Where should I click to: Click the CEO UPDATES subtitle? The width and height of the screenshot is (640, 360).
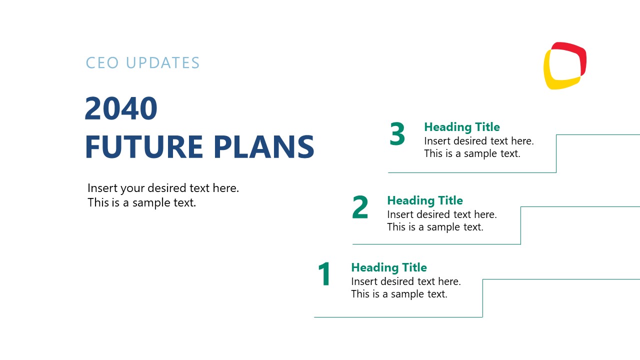(142, 63)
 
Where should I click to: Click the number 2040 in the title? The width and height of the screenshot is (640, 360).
(121, 108)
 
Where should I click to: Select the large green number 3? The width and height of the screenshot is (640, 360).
(397, 135)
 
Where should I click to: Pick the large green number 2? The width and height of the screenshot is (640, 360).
(360, 208)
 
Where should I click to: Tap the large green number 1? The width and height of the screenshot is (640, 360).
(324, 274)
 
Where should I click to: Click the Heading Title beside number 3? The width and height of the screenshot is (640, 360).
(461, 127)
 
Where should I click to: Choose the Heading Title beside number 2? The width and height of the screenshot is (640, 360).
(424, 200)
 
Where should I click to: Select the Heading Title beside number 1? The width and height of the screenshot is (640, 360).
(388, 267)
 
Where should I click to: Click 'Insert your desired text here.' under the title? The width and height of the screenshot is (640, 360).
(163, 188)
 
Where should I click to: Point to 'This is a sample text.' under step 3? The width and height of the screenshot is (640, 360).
(472, 153)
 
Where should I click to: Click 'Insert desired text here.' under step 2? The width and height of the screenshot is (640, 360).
(441, 214)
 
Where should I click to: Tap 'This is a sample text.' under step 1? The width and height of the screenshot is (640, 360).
(399, 294)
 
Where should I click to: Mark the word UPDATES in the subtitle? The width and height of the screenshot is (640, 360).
(162, 63)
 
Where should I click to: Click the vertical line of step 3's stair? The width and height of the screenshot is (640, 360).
(556, 153)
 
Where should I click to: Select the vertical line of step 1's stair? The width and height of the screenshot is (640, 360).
(482, 298)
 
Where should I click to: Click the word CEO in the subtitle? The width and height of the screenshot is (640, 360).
(102, 63)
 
